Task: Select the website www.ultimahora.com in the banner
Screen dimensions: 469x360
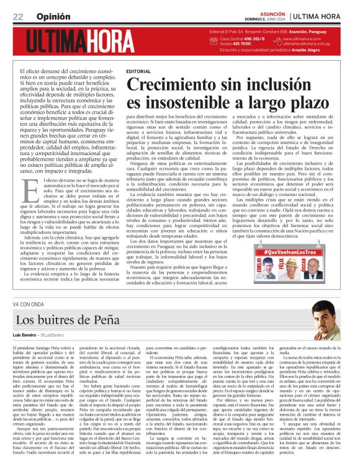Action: coord(307,38)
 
